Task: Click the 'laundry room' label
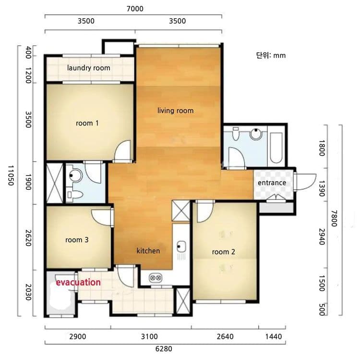(x=89, y=68)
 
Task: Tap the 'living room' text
(x=175, y=111)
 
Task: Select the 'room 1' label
(x=87, y=123)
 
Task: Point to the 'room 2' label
(x=223, y=252)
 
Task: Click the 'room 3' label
(x=77, y=240)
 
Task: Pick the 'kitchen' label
(x=148, y=250)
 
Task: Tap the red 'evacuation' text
(x=78, y=282)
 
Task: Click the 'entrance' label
(x=272, y=183)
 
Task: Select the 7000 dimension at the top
(x=135, y=9)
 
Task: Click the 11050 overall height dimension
(x=11, y=175)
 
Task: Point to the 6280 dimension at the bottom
(x=164, y=349)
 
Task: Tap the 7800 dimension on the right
(x=334, y=218)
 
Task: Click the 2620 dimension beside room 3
(x=28, y=238)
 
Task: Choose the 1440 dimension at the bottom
(x=274, y=336)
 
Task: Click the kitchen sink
(x=181, y=247)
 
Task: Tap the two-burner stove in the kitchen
(x=156, y=278)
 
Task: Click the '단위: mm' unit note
(x=271, y=55)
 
